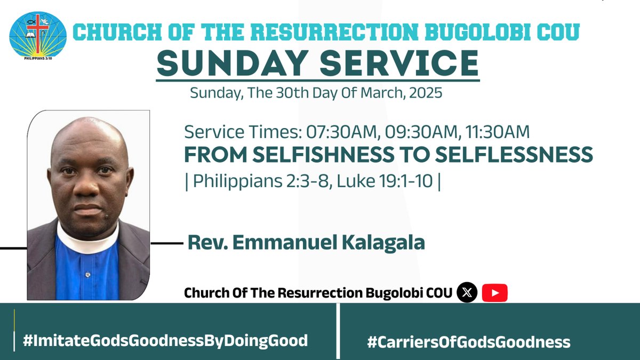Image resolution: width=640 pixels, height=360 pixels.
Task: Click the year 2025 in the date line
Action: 425,93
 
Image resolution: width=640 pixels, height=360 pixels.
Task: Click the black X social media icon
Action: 467,293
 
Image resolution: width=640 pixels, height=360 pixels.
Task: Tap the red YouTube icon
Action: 494,293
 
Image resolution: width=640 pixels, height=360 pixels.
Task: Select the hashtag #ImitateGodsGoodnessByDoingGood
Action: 166,340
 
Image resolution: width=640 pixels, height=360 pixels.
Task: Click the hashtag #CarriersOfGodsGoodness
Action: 468,341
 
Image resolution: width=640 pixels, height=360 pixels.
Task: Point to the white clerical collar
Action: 88,235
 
